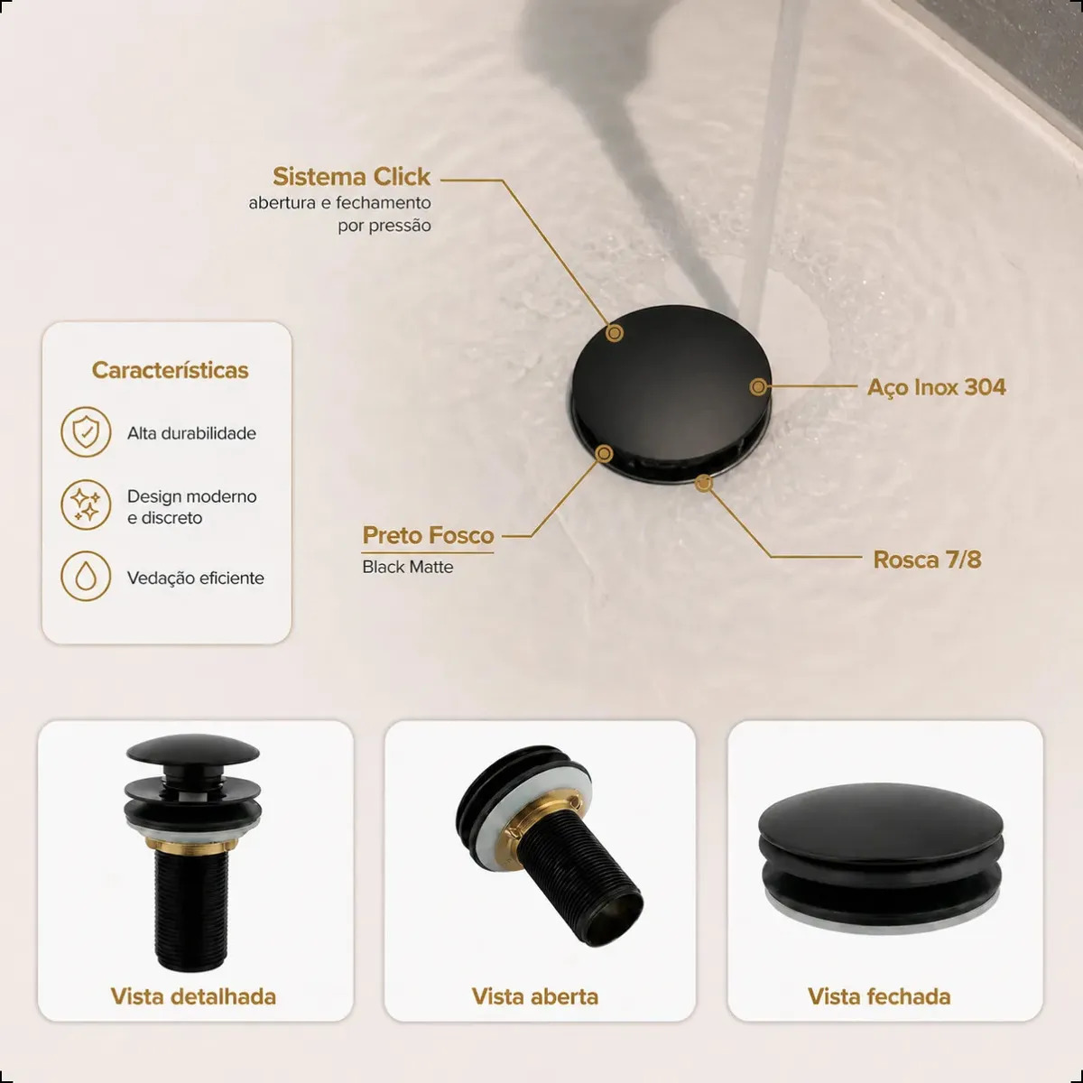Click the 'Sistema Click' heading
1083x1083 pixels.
click(x=352, y=177)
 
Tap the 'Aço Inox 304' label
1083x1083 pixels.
click(x=936, y=387)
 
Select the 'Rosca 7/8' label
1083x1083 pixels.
click(x=928, y=560)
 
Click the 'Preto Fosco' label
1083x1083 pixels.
click(x=429, y=535)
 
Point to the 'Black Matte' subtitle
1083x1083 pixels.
click(x=407, y=567)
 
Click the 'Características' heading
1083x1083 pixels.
click(x=171, y=370)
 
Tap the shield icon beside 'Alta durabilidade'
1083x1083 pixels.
click(x=86, y=432)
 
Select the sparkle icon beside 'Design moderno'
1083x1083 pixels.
click(x=86, y=504)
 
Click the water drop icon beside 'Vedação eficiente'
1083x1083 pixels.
click(x=86, y=576)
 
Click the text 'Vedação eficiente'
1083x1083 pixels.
click(x=196, y=579)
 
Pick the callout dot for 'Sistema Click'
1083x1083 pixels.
click(x=615, y=333)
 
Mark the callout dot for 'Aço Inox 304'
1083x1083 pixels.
click(x=758, y=386)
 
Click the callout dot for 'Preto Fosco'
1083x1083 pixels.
click(x=604, y=454)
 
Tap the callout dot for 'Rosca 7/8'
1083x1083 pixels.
click(x=704, y=483)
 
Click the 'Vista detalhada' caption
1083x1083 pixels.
click(x=193, y=995)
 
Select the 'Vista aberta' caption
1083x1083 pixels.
click(x=535, y=995)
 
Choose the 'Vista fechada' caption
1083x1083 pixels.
click(x=879, y=995)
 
